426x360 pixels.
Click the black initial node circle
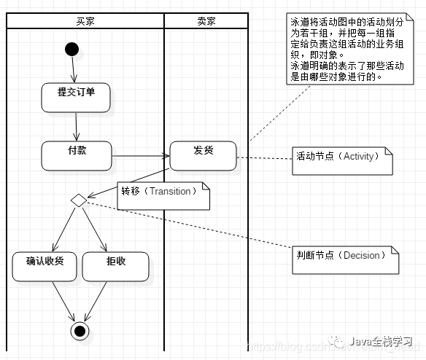(71, 49)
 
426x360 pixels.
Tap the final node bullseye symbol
(80, 332)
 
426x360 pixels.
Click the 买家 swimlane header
(85, 20)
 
